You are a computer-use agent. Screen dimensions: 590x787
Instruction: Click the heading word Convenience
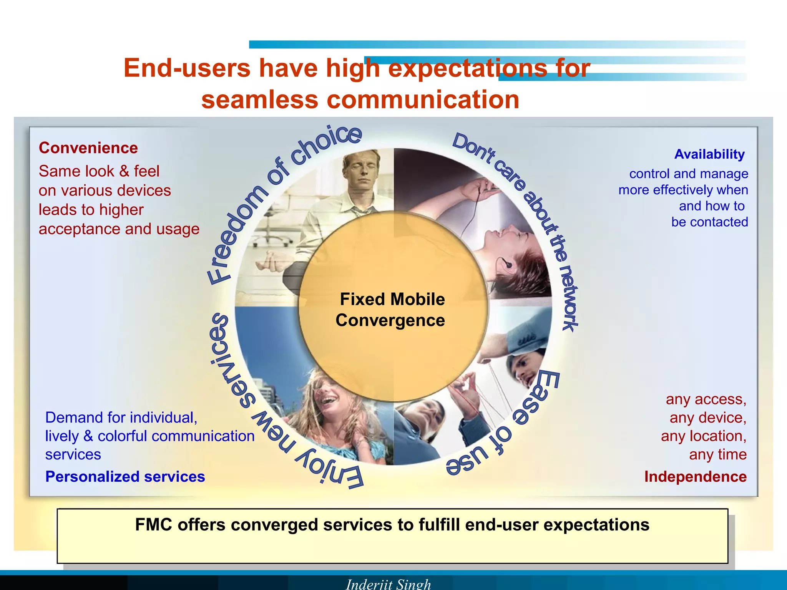click(x=88, y=148)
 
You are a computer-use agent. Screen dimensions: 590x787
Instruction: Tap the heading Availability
click(x=709, y=154)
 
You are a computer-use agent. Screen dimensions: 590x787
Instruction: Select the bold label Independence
click(x=695, y=476)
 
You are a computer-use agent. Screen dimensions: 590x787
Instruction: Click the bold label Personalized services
click(x=125, y=476)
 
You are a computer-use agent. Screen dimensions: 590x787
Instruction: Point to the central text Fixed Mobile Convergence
click(x=391, y=310)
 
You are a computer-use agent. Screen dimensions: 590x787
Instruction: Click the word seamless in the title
click(x=260, y=99)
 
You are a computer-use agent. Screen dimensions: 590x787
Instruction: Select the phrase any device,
click(x=707, y=418)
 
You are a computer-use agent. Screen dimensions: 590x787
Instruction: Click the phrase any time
click(x=717, y=454)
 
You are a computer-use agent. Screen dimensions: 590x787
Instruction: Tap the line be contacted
click(x=709, y=222)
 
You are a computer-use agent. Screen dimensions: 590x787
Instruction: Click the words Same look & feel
click(x=99, y=171)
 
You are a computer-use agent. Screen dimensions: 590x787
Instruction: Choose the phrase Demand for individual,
click(x=121, y=418)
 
